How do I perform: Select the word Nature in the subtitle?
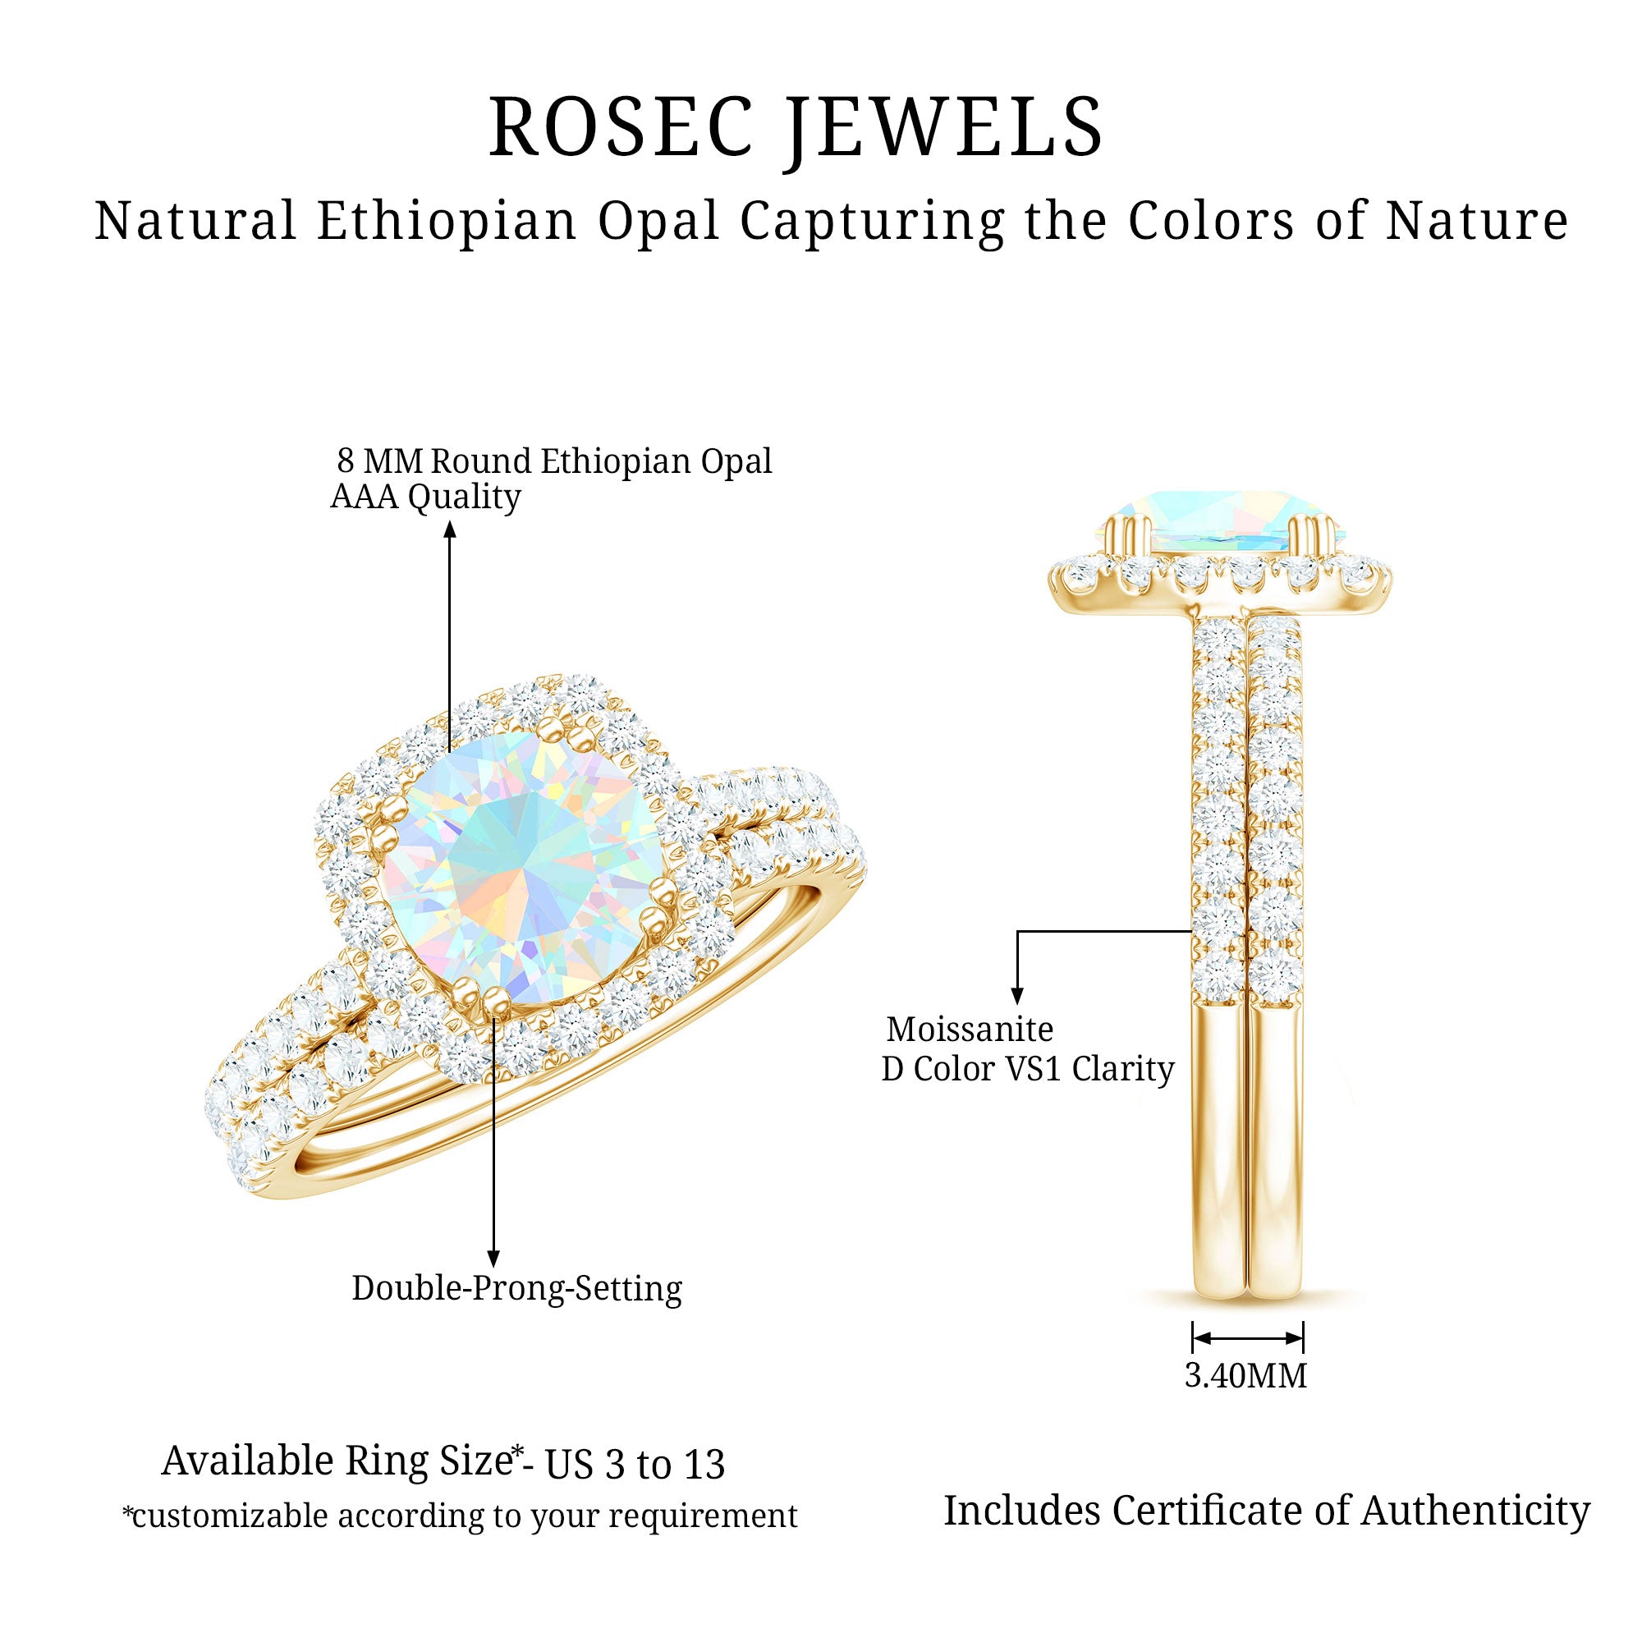(x=1477, y=221)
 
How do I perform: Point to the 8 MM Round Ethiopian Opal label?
(x=554, y=461)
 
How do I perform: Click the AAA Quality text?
(x=425, y=498)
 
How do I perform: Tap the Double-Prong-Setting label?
(x=516, y=1288)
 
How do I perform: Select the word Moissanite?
(x=970, y=1030)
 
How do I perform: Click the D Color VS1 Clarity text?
(x=1028, y=1069)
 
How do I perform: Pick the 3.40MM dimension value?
(x=1246, y=1376)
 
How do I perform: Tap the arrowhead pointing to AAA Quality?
(x=451, y=530)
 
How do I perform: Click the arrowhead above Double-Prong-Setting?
(x=493, y=1259)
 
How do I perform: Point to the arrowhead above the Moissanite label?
(x=1017, y=996)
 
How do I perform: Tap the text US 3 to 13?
(x=635, y=1465)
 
